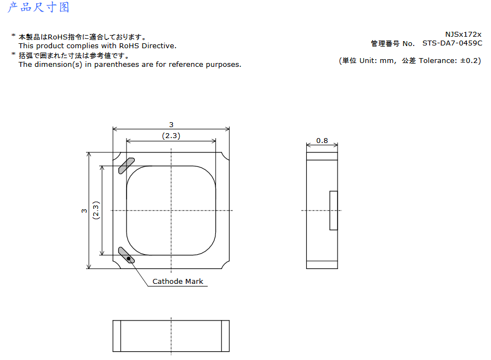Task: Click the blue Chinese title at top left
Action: tap(38, 7)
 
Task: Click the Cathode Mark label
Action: tap(178, 282)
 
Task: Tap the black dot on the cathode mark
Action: tap(128, 258)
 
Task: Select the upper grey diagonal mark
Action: tap(127, 165)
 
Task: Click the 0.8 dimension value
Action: tap(322, 141)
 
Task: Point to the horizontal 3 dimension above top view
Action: tap(172, 124)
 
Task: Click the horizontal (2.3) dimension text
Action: tap(171, 136)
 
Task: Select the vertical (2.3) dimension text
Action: tap(96, 210)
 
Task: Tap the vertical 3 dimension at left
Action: tap(84, 210)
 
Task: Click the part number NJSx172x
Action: tap(463, 34)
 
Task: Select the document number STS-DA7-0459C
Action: tap(452, 43)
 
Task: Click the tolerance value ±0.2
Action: tap(469, 60)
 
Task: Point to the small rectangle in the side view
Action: tap(334, 210)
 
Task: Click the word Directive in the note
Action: tap(159, 45)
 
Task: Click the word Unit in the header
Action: tap(368, 60)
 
